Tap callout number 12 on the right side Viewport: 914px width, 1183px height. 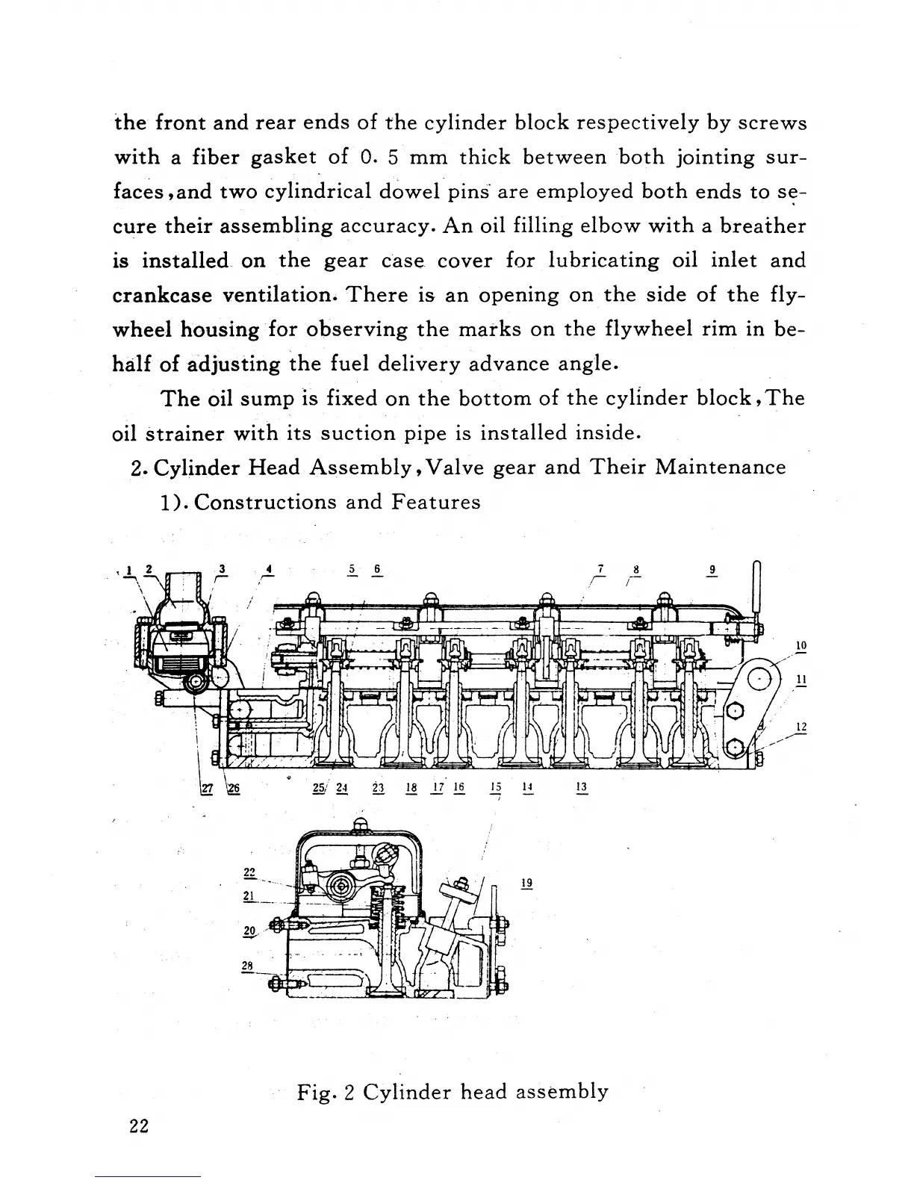801,727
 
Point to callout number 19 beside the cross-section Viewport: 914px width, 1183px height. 526,883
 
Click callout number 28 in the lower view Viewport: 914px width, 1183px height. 248,966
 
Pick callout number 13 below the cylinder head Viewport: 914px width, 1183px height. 582,786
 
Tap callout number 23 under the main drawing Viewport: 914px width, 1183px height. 377,786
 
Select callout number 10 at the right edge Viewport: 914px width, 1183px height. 801,645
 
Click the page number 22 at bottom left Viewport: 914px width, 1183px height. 139,1126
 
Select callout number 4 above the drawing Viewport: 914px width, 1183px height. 268,569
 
